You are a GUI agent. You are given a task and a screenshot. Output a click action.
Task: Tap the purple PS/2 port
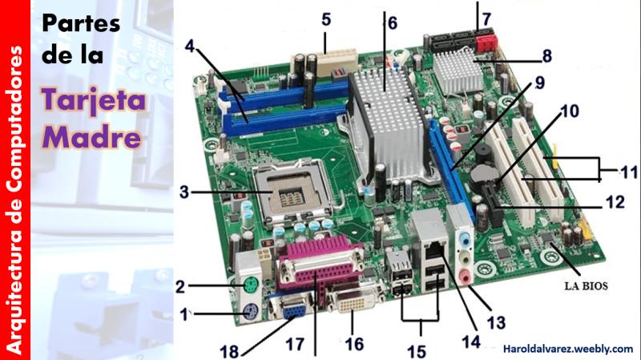click(251, 313)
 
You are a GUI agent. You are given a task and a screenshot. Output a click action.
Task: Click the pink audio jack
click(466, 277)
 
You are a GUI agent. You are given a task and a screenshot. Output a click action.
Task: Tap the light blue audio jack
click(465, 239)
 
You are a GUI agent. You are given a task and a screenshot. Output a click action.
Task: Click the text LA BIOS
click(587, 286)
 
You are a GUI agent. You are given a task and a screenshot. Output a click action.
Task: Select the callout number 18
click(229, 351)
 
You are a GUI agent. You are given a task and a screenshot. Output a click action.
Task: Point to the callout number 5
click(326, 19)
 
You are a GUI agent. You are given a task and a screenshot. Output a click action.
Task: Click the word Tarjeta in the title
click(94, 100)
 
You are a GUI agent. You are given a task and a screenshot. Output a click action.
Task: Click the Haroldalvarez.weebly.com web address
click(568, 349)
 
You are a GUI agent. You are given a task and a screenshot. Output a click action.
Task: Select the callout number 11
click(629, 172)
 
